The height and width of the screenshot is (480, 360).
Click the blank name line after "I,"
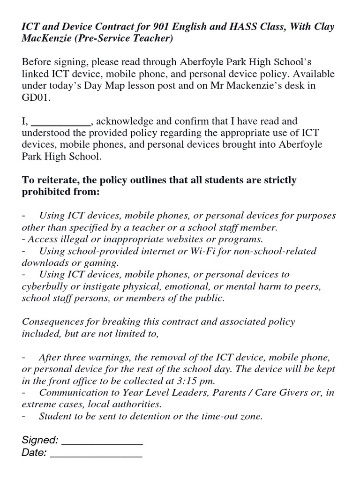tap(60, 122)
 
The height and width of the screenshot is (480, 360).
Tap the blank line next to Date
tap(96, 453)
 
